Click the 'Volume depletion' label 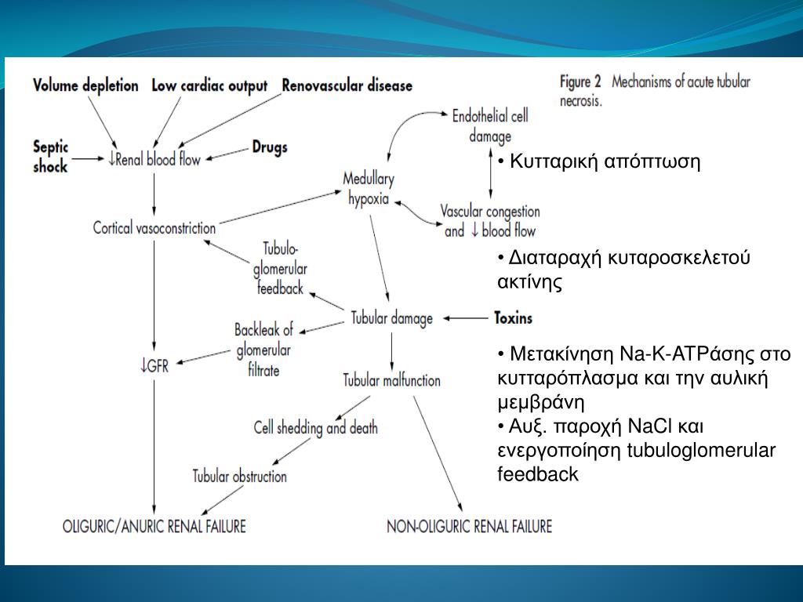click(x=85, y=85)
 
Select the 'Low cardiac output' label click(x=209, y=85)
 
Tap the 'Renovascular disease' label click(x=347, y=85)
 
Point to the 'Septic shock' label click(x=51, y=155)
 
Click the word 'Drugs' click(x=270, y=147)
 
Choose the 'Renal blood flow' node click(x=156, y=159)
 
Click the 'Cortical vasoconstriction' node click(x=154, y=228)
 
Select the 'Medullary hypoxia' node click(x=369, y=188)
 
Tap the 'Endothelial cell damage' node click(x=490, y=125)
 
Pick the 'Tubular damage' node click(x=391, y=318)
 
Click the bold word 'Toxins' click(x=513, y=318)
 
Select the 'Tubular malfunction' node click(x=392, y=380)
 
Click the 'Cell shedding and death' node click(x=315, y=428)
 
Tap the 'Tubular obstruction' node click(x=240, y=476)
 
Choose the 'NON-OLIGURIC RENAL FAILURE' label click(x=469, y=525)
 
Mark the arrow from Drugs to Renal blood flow click(x=227, y=153)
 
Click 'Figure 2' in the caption click(x=580, y=81)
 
